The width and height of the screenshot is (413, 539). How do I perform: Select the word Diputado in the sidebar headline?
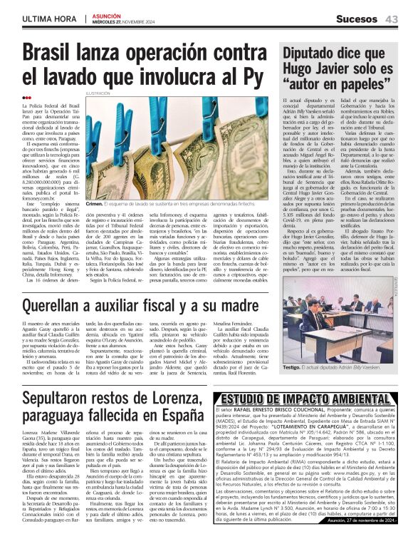pos(313,53)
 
